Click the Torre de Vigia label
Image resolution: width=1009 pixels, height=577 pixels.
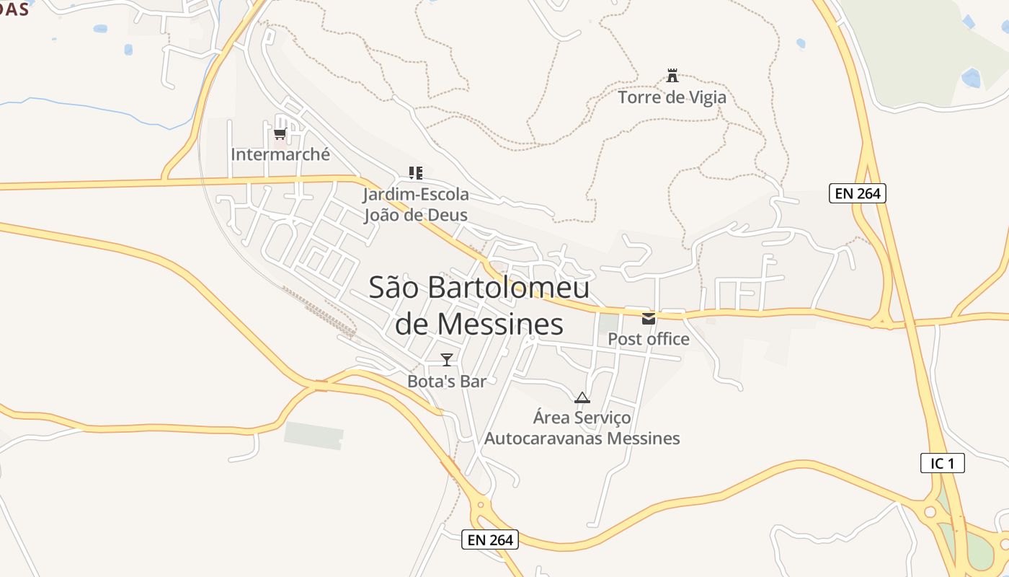click(x=672, y=97)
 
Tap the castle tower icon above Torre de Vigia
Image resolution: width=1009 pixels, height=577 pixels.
click(x=672, y=75)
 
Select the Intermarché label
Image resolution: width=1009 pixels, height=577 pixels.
click(x=280, y=154)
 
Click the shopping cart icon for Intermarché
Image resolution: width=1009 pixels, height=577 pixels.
click(x=280, y=133)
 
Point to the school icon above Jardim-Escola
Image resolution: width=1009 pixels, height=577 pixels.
click(x=415, y=172)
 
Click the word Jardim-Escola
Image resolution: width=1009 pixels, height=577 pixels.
click(x=416, y=194)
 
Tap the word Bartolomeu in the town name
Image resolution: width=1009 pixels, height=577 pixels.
click(x=509, y=287)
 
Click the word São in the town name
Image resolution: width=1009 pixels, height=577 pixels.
click(x=395, y=287)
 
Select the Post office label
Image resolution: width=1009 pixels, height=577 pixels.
click(x=649, y=339)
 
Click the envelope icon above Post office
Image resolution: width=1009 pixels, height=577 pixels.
click(x=649, y=318)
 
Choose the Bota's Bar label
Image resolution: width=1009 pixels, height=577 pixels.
click(x=447, y=381)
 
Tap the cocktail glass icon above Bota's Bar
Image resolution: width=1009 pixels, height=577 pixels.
click(x=447, y=359)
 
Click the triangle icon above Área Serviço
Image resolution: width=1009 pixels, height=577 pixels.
click(x=582, y=397)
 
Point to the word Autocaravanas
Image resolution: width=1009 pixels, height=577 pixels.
click(x=544, y=438)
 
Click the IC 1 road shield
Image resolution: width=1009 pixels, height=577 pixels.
click(x=943, y=463)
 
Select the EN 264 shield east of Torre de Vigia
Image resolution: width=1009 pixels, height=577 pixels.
click(x=857, y=193)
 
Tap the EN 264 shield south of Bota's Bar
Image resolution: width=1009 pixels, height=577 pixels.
click(x=490, y=539)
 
